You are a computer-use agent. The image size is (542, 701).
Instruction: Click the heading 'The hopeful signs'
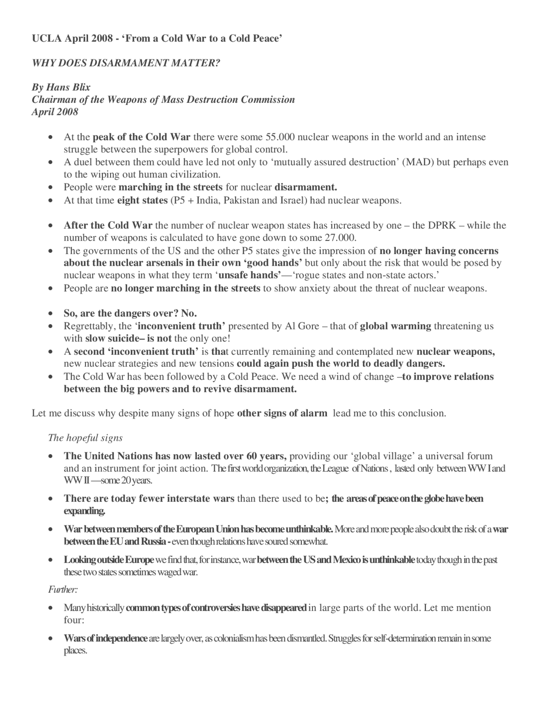pos(86,437)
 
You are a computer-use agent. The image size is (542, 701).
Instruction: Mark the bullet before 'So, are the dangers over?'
pos(51,314)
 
